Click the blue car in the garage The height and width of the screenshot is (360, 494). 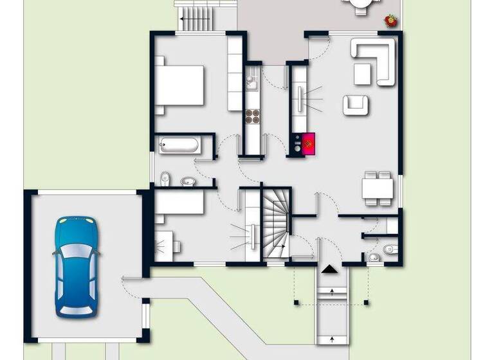pos(76,266)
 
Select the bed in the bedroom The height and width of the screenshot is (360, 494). pos(178,85)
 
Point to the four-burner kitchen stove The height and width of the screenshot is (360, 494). pos(253,116)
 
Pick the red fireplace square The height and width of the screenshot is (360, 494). pos(309,143)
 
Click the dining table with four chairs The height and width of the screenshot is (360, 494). pos(378,188)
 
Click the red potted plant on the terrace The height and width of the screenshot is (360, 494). pos(390,21)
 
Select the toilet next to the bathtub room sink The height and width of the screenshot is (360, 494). pos(165,177)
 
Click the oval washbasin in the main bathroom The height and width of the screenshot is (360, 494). pos(188,181)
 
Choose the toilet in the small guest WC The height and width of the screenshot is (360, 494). pos(387,249)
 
